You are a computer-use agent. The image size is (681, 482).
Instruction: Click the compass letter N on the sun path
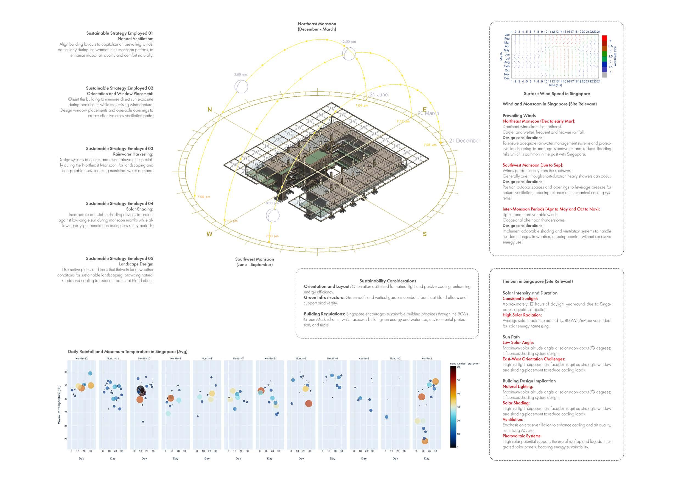coord(210,110)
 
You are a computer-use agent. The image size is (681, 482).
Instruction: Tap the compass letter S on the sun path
coord(425,234)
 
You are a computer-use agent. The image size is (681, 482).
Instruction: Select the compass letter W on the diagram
coord(209,234)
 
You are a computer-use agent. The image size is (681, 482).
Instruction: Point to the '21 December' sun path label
coord(464,141)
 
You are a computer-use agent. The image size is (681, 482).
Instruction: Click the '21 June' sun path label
coord(379,95)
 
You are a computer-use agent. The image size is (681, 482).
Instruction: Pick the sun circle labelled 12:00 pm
coord(349,54)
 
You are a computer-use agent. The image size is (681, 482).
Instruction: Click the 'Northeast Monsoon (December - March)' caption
coord(317,26)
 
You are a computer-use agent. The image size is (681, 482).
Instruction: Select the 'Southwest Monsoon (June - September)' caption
coord(254,262)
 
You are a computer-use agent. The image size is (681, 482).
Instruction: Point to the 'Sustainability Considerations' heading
coord(388,281)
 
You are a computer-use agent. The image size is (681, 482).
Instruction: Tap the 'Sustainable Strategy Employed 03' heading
coord(119,148)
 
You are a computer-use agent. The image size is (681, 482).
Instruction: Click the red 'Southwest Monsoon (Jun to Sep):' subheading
coord(533,165)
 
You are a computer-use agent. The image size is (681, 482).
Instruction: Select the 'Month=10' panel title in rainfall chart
coord(144,358)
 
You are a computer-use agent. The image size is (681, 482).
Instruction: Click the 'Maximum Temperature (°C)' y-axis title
coord(59,405)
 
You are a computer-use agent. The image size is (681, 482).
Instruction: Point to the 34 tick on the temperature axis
coord(66,372)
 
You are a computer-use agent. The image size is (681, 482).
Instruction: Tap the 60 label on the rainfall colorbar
coord(458,367)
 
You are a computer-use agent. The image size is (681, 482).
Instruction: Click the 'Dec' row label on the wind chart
coord(507,78)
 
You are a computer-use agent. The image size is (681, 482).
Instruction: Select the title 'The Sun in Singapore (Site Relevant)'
coord(537,281)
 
